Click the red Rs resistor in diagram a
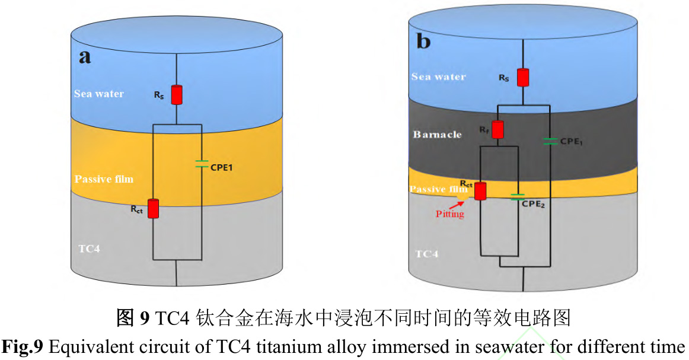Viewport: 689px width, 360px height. [176, 95]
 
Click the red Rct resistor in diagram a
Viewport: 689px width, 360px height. [154, 208]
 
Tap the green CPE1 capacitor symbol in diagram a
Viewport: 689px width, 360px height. [202, 164]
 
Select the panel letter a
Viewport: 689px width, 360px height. [85, 57]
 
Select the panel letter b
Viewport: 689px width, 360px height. [424, 42]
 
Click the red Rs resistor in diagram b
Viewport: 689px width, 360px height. [522, 78]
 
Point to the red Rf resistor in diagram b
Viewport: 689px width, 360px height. [497, 129]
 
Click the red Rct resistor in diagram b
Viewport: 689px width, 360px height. [480, 191]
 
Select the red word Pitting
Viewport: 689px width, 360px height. [449, 214]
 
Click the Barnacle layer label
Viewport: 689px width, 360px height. [437, 134]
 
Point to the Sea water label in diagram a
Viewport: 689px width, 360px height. [99, 94]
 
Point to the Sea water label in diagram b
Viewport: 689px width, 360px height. [438, 77]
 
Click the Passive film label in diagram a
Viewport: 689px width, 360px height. [104, 179]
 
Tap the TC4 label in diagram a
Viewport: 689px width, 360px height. [89, 249]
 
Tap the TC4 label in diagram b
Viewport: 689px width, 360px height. [427, 254]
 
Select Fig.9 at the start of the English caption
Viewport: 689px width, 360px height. [25, 347]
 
